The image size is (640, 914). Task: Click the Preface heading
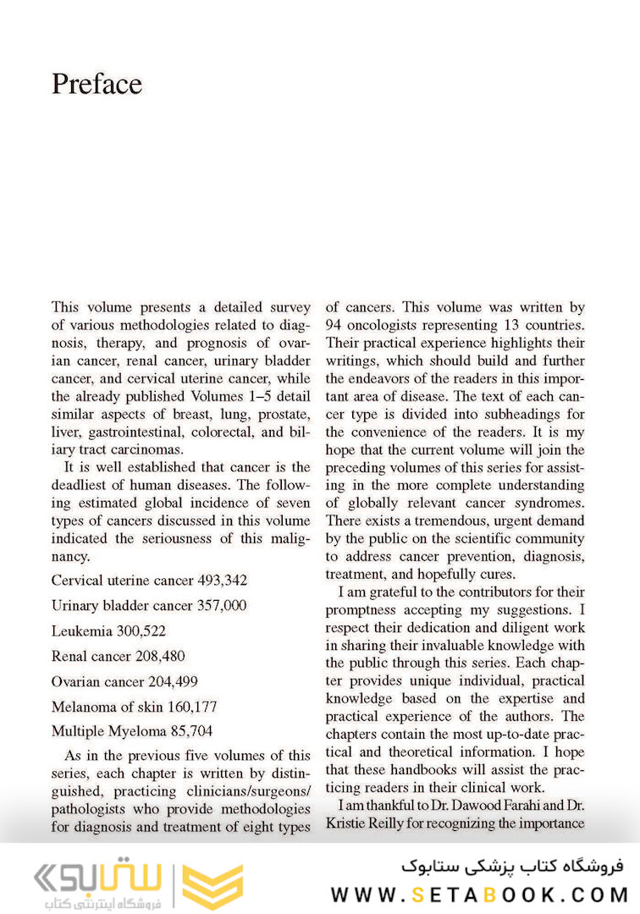pos(97,84)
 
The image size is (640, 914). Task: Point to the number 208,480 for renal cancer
pos(158,656)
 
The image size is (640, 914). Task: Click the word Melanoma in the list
pos(85,706)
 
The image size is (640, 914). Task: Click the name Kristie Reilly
pos(366,823)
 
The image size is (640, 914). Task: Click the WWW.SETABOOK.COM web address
pos(478,895)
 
